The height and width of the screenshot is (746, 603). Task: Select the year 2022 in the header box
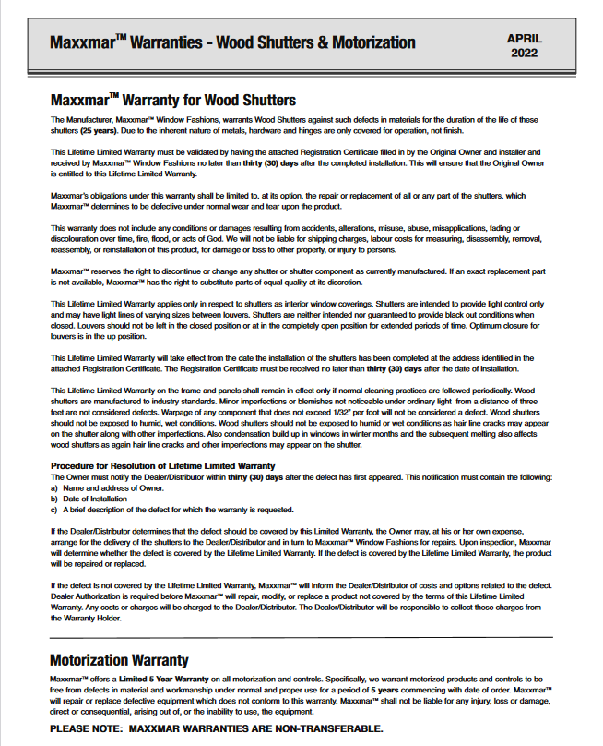click(525, 53)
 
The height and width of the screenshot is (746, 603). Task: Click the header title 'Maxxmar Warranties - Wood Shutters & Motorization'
click(232, 43)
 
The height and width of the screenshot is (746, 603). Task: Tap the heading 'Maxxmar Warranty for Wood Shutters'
click(172, 99)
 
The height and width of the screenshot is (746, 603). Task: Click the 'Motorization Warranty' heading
click(119, 660)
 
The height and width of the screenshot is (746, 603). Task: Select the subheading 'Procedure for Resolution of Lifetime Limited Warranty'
click(162, 465)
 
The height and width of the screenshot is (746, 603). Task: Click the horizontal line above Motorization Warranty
click(301, 637)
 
